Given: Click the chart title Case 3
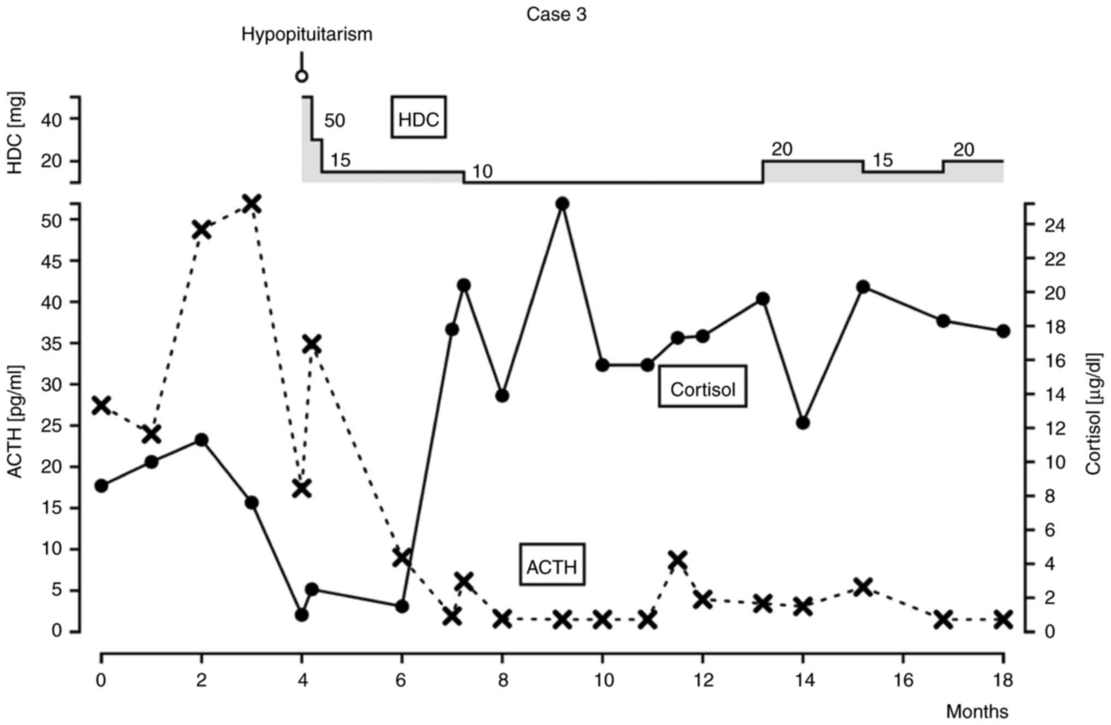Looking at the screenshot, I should (556, 14).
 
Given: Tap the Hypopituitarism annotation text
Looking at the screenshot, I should (307, 34).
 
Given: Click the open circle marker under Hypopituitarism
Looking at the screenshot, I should (301, 76).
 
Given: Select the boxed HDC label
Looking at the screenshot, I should (418, 118).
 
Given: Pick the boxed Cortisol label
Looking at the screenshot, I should (703, 388).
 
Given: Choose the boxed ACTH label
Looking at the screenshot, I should (552, 566).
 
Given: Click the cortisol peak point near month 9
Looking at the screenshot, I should (562, 204).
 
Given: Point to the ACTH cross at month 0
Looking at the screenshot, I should (101, 405).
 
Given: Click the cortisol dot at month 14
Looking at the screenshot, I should (803, 422).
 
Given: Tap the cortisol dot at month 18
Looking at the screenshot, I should (1003, 330).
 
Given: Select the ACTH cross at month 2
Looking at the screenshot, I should (202, 230).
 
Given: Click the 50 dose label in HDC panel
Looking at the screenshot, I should (335, 120).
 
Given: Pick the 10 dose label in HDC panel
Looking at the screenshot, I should (482, 172).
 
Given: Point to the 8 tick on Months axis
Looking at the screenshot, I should (502, 680).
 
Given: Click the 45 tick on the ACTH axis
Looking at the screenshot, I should (52, 261).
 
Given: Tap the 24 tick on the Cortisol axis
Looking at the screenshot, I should (1055, 225).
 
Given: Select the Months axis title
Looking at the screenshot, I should (977, 711).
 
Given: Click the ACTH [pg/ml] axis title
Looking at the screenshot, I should (15, 421).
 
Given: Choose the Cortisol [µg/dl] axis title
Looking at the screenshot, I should (1094, 414).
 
